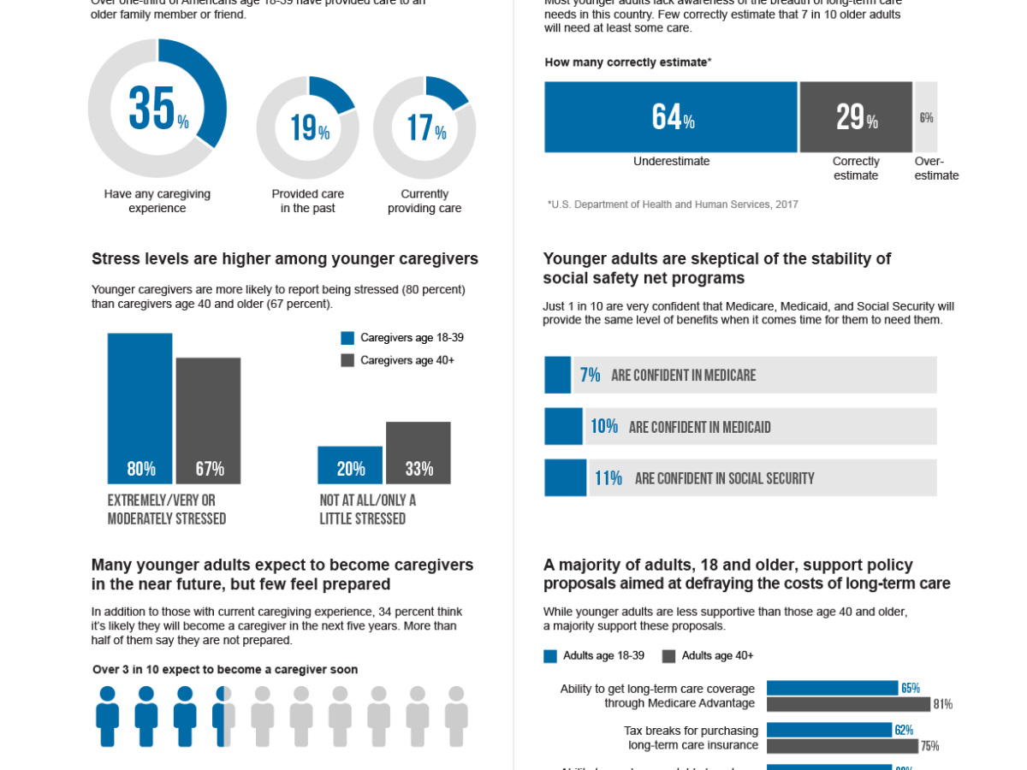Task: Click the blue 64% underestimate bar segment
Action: pyautogui.click(x=671, y=117)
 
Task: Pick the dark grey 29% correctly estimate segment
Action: pyautogui.click(x=856, y=117)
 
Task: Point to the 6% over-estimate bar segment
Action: pyautogui.click(x=926, y=117)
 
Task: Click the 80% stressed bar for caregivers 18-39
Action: pyautogui.click(x=140, y=408)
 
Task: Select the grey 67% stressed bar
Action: pyautogui.click(x=209, y=420)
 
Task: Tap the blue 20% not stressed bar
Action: pyautogui.click(x=350, y=465)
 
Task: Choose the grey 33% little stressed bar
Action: pyautogui.click(x=419, y=453)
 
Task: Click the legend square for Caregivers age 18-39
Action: pyautogui.click(x=347, y=338)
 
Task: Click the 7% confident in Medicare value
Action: pyautogui.click(x=590, y=375)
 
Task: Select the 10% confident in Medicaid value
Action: pyautogui.click(x=603, y=426)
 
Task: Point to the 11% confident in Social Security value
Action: pyautogui.click(x=608, y=477)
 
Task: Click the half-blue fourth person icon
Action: pyautogui.click(x=224, y=716)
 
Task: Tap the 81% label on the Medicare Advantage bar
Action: pyautogui.click(x=942, y=704)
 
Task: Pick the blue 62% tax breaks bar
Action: pyautogui.click(x=829, y=730)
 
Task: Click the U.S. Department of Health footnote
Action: pyautogui.click(x=672, y=204)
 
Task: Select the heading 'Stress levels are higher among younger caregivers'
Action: pyautogui.click(x=284, y=259)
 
